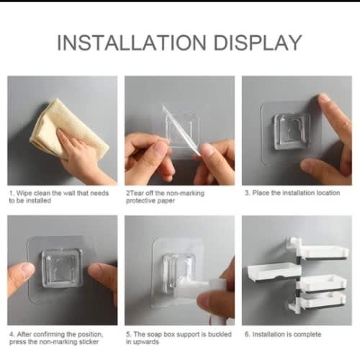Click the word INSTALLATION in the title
132,42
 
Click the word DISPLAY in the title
258,42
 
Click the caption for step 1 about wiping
59,197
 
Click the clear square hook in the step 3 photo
292,132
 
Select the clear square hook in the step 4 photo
62,268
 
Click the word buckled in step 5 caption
220,334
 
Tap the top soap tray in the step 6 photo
323,252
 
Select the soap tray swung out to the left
274,272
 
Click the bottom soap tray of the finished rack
323,301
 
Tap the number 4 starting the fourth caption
12,334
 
